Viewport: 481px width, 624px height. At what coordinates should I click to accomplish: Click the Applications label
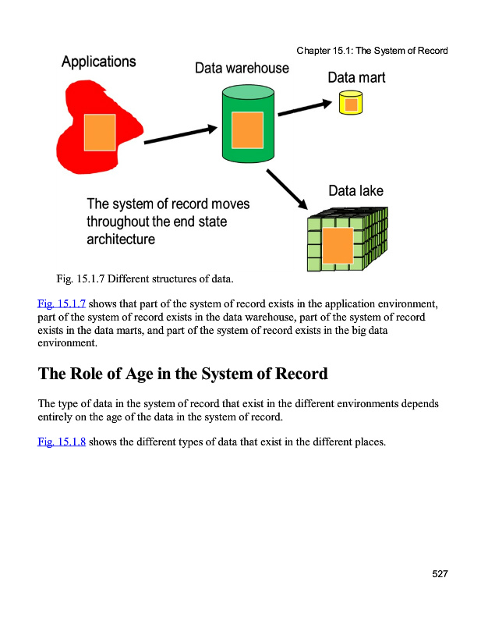point(98,62)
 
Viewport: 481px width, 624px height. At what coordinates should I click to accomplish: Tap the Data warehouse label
point(242,68)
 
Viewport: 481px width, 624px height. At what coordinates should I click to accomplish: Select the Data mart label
point(356,77)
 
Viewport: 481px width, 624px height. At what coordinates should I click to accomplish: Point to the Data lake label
point(355,190)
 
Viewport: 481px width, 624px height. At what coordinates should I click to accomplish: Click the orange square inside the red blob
point(100,132)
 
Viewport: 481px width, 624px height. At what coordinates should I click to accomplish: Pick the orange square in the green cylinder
point(247,129)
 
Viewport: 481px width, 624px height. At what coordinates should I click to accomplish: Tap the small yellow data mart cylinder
point(351,103)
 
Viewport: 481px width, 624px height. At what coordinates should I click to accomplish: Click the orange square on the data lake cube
point(338,246)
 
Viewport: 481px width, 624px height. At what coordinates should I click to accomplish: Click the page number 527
point(440,574)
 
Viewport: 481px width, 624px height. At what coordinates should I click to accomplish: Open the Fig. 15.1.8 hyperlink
point(62,443)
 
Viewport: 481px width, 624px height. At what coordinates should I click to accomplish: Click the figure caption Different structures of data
point(172,278)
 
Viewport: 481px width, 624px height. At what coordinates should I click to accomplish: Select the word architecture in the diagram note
point(121,239)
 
